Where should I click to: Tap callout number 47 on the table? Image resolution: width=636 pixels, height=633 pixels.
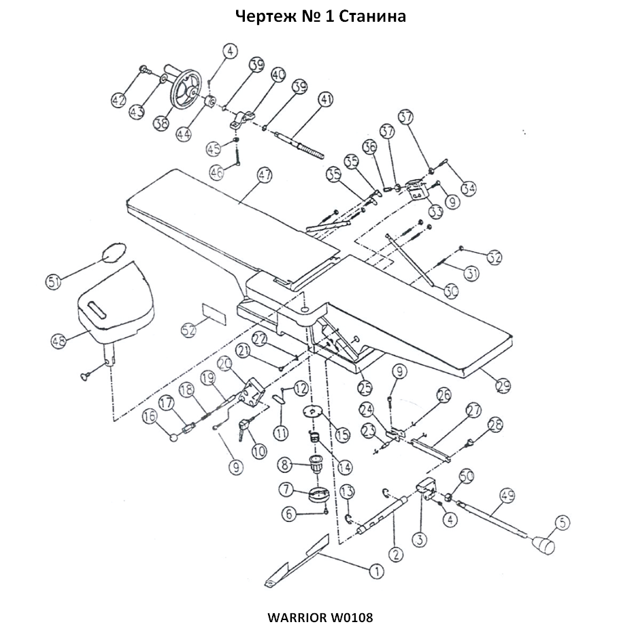pos(264,175)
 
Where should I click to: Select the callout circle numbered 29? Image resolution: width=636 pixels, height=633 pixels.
pos(503,386)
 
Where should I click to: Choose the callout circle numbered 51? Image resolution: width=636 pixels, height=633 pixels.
pos(53,280)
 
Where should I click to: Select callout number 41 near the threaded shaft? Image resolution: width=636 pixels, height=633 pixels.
pos(326,100)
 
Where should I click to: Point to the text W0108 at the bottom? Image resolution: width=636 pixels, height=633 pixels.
pos(352,617)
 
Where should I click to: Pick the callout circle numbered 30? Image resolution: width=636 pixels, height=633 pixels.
pos(451,291)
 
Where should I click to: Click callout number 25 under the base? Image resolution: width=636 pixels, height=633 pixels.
pos(365,387)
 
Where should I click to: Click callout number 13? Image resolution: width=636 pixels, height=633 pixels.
pos(346,491)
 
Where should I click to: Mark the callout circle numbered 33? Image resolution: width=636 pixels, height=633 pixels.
pos(434,212)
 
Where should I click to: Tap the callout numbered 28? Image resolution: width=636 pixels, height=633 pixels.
pos(495,425)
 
